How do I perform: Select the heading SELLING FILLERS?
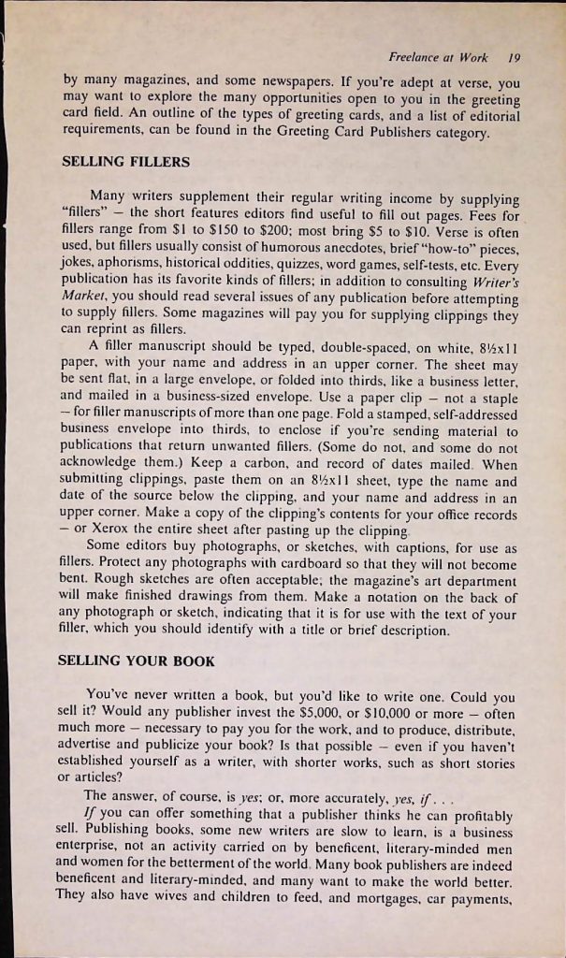(124, 162)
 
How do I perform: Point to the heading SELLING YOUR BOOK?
(137, 660)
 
